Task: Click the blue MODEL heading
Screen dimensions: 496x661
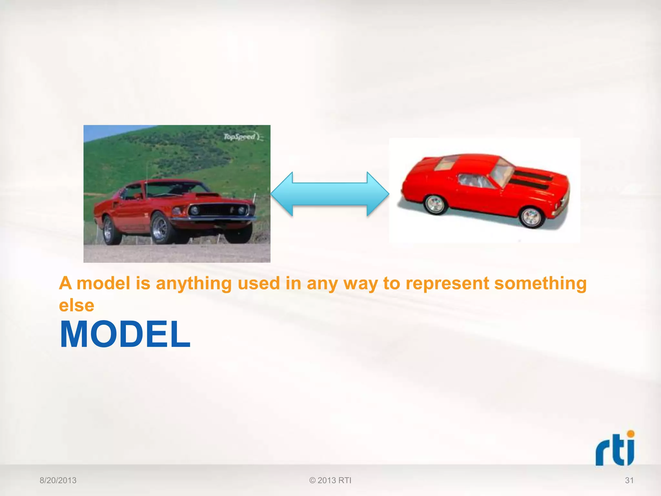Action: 125,335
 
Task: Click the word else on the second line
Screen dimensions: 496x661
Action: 76,305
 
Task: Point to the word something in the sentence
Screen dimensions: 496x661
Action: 540,284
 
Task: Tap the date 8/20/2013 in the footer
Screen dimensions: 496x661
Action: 58,480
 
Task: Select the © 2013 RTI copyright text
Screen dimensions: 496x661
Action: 330,480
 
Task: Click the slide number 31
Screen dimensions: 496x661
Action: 629,480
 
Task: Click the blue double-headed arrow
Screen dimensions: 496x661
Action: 330,194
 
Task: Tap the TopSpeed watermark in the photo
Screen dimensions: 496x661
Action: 241,137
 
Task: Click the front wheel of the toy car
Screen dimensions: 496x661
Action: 531,217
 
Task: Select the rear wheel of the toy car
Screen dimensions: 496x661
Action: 434,204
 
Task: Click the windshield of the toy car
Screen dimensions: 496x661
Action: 502,172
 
